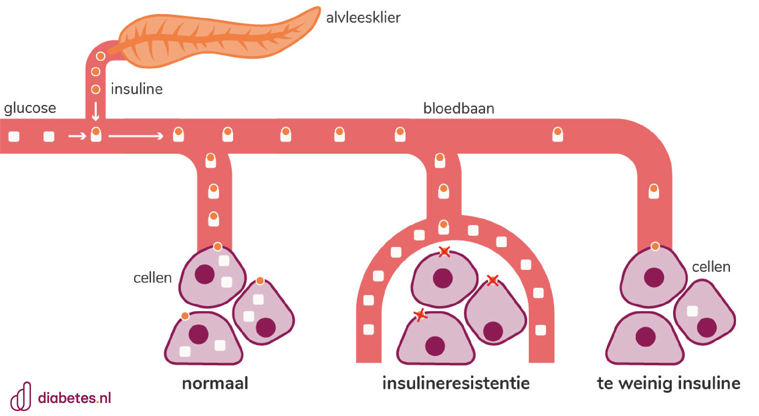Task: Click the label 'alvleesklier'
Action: [363, 18]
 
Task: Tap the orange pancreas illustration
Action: [217, 38]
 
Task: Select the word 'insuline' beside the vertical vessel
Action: [137, 89]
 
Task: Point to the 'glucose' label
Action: [30, 108]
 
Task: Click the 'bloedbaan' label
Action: [459, 108]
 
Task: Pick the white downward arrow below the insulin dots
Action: [95, 111]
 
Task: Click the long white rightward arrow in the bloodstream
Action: [136, 136]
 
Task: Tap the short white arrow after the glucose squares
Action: [77, 136]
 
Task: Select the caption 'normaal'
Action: [215, 383]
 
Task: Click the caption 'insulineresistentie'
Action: [456, 383]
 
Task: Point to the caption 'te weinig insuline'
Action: [669, 383]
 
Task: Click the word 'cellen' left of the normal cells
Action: [152, 278]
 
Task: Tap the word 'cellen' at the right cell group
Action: [711, 267]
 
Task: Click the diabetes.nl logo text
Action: [74, 398]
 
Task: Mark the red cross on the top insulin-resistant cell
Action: [444, 252]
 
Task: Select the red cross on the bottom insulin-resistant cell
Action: [421, 315]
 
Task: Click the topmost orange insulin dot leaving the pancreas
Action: [101, 56]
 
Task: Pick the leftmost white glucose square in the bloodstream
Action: [14, 136]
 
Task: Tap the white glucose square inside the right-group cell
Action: [692, 311]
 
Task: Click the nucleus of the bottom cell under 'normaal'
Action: [198, 334]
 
